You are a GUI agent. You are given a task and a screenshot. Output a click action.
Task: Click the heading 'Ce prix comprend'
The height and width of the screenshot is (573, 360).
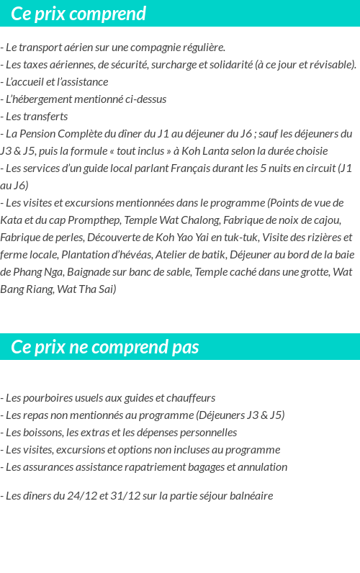78,14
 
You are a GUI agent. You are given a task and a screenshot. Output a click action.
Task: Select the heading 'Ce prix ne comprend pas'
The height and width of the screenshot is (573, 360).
104,347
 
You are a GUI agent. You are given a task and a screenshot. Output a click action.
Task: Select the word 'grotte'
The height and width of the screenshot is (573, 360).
309,271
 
